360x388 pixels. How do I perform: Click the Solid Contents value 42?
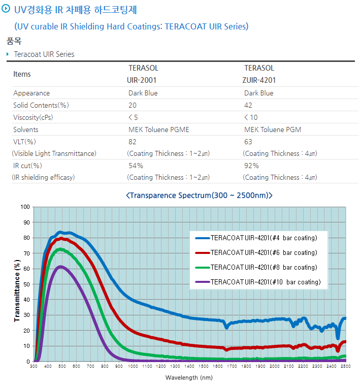(x=248, y=105)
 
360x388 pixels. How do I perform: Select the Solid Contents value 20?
(x=133, y=105)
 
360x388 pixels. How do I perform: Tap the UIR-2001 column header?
(x=142, y=80)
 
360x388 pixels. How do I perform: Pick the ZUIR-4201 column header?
(x=260, y=80)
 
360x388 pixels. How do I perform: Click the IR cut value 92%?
(x=251, y=166)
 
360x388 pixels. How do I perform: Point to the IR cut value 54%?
(x=136, y=166)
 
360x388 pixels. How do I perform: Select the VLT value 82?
(x=133, y=142)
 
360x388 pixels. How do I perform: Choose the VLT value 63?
(x=248, y=142)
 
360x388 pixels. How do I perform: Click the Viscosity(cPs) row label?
(x=33, y=117)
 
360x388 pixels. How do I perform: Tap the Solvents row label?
(x=26, y=130)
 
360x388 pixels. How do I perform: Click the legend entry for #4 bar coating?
(x=264, y=238)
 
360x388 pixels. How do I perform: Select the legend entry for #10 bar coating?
(x=266, y=282)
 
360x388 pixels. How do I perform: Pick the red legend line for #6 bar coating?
(x=202, y=252)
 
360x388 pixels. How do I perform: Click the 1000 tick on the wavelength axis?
(x=133, y=366)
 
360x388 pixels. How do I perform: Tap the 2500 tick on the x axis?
(x=345, y=366)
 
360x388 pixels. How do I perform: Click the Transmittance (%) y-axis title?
(x=17, y=290)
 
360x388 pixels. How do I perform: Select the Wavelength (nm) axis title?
(x=189, y=377)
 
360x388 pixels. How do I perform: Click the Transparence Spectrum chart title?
(x=199, y=195)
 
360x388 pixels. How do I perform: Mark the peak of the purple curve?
(x=60, y=266)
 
